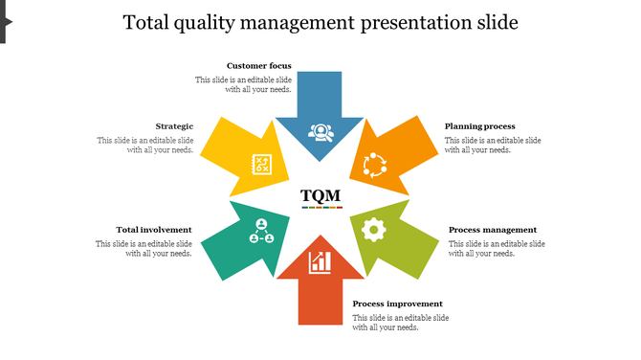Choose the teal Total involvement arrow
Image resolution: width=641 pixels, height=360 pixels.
(x=251, y=239)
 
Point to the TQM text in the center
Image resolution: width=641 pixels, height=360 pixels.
(x=320, y=196)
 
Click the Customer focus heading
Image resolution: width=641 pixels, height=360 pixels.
(x=259, y=66)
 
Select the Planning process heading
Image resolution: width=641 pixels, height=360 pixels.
(x=479, y=126)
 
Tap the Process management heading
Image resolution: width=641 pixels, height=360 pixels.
(x=492, y=230)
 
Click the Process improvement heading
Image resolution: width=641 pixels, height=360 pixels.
(x=397, y=304)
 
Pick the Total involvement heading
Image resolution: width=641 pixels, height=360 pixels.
(x=154, y=230)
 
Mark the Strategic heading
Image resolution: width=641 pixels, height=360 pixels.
(x=174, y=126)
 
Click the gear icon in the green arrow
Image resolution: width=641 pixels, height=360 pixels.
(x=375, y=229)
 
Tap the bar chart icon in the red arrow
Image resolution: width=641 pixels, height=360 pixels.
(x=320, y=261)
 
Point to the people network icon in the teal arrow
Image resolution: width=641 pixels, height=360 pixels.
(x=261, y=230)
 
